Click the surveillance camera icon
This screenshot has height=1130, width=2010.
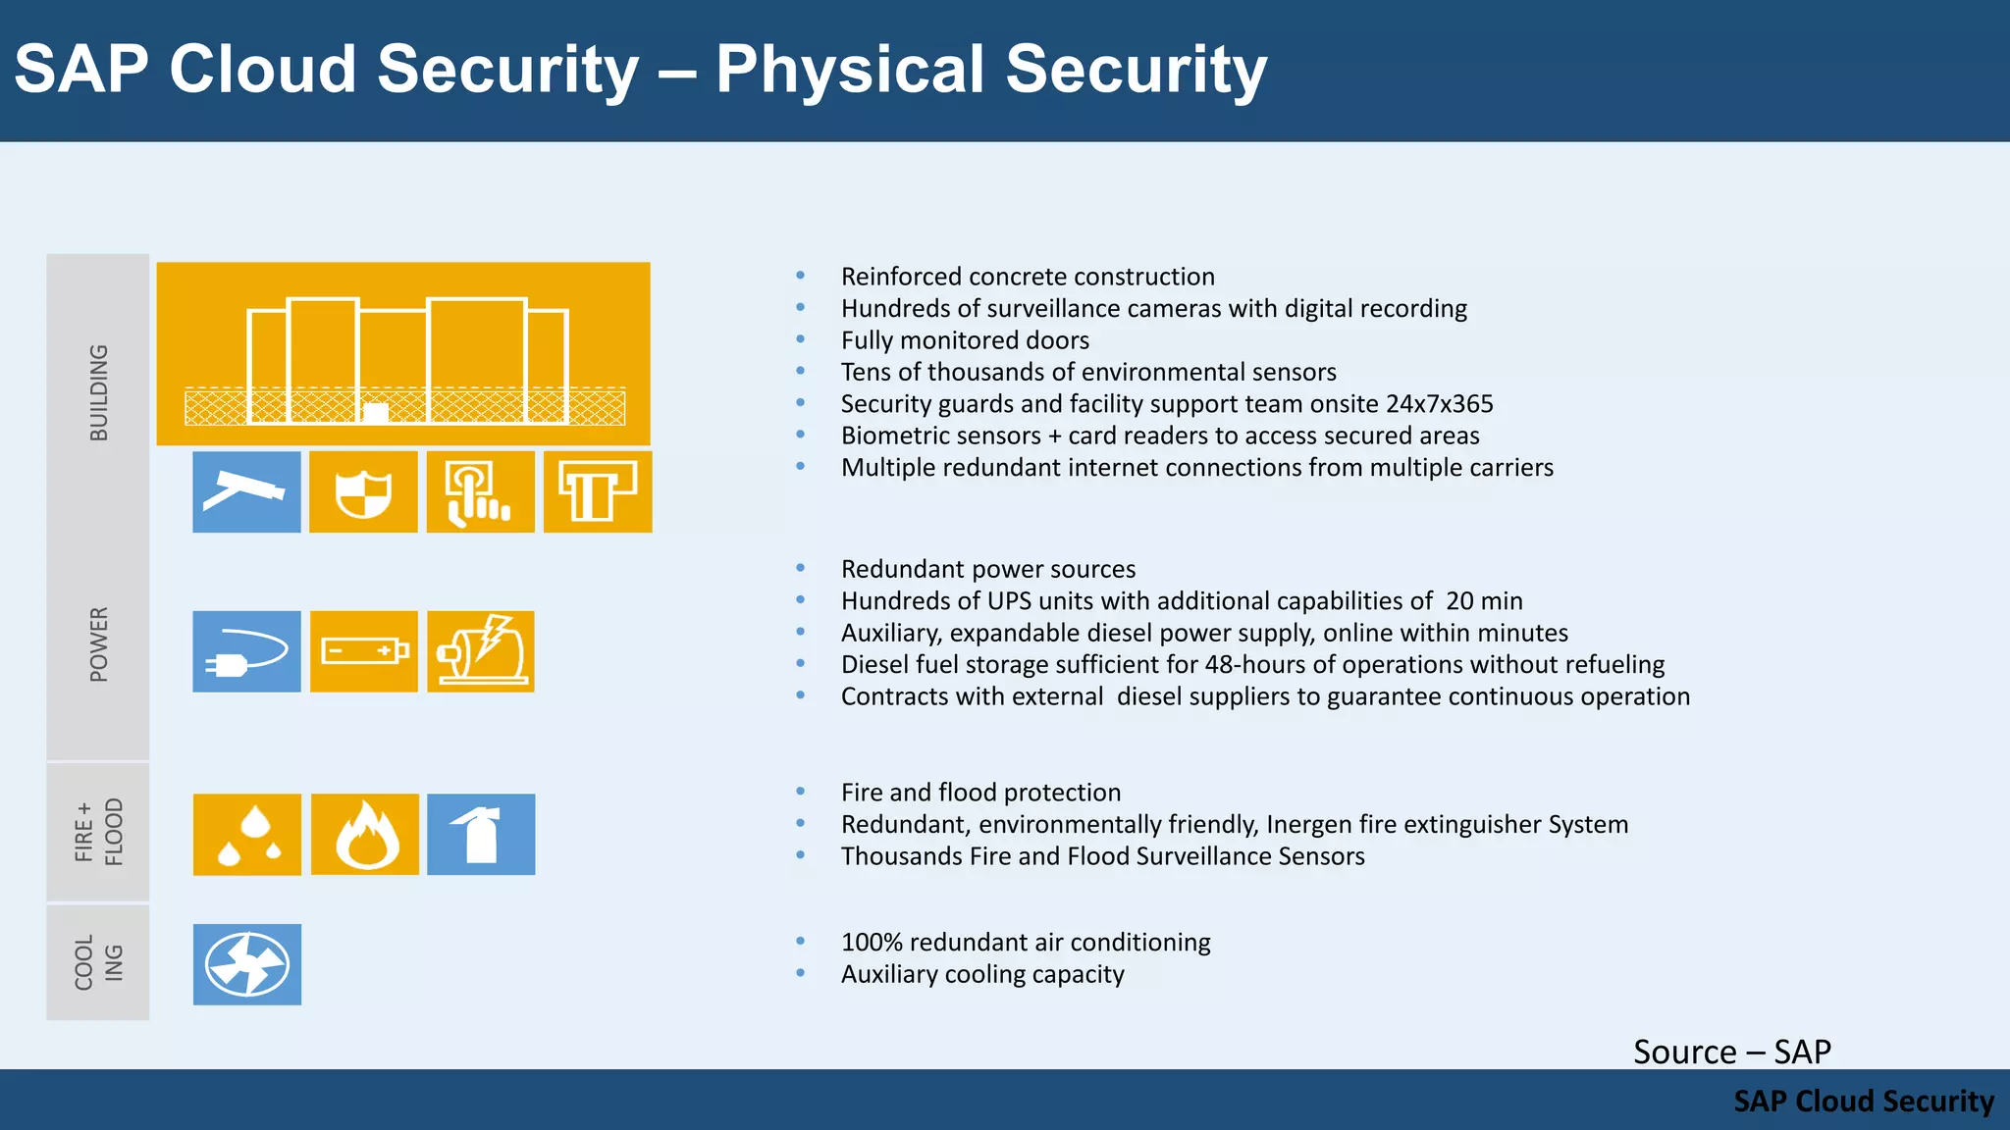coord(246,491)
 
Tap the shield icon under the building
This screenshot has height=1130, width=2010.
coord(363,491)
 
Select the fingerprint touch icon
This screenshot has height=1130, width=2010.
coord(480,491)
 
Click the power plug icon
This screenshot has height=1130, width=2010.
coord(246,651)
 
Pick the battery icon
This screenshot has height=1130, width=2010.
coord(364,651)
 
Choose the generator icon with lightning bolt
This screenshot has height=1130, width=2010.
coord(481,651)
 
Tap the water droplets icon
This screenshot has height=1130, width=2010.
coord(247,834)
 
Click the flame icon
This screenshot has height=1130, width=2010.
coord(365,834)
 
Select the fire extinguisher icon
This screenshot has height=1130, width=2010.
coord(481,834)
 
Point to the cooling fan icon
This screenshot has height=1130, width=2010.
coord(247,964)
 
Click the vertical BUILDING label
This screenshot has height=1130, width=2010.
coord(99,392)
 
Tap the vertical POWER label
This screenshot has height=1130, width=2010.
coord(99,643)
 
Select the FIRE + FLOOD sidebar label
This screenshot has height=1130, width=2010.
coord(99,832)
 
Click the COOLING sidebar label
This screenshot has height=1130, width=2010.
coord(99,962)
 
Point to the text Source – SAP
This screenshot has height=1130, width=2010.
coord(1731,1052)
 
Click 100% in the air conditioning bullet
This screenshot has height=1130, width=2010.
coord(872,943)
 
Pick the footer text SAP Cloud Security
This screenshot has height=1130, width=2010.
coord(1863,1101)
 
